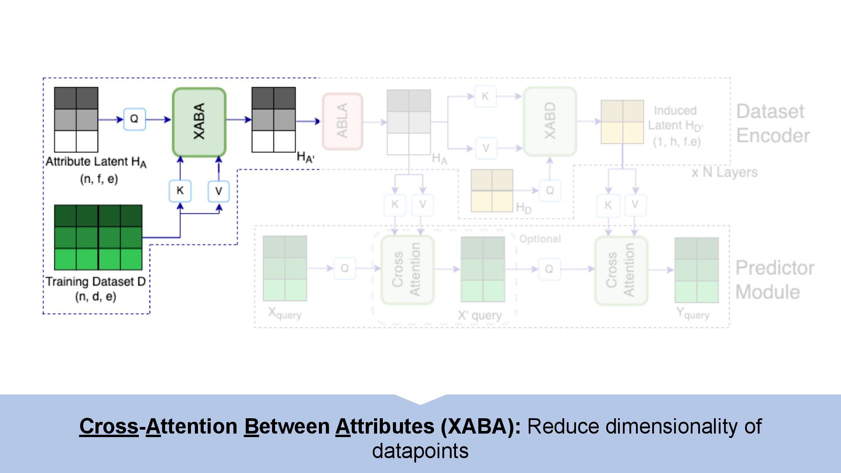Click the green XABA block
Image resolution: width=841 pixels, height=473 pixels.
click(199, 122)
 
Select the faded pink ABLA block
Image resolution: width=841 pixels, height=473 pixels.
click(342, 121)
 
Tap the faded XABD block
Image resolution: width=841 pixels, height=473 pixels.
click(550, 121)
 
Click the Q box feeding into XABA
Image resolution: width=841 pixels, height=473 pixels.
click(134, 119)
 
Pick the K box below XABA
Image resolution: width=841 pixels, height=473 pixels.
click(180, 191)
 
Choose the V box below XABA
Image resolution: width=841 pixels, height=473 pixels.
click(219, 191)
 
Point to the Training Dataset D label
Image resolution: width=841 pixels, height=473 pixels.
click(95, 282)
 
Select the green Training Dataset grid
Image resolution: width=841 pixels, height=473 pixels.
click(98, 237)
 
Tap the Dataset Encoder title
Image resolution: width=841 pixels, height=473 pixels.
click(773, 124)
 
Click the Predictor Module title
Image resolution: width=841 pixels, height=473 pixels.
click(774, 279)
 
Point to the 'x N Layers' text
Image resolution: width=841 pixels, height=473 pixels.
click(724, 172)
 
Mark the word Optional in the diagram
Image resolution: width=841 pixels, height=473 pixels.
click(540, 239)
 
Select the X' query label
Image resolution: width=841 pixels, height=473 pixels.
click(480, 315)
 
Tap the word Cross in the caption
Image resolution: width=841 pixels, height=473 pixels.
click(109, 426)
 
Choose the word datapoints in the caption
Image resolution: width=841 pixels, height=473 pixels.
click(420, 451)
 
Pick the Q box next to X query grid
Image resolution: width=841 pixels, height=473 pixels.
click(345, 268)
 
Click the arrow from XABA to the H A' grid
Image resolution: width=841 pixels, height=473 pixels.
click(239, 119)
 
